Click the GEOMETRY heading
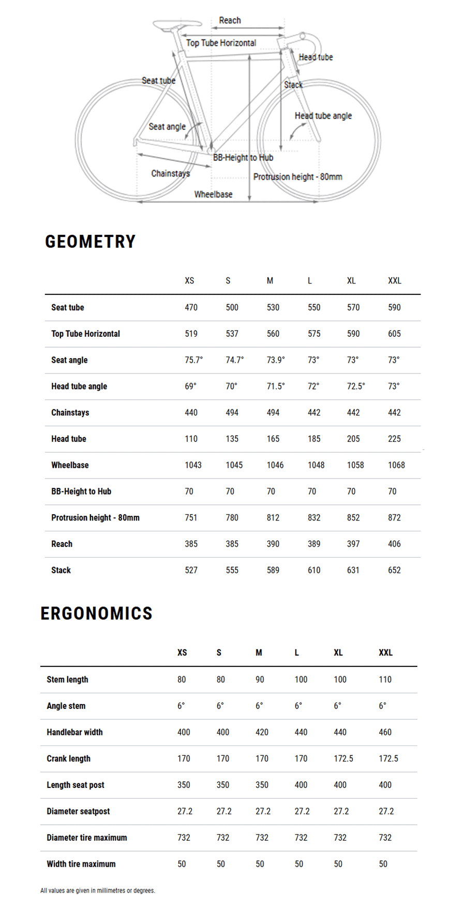tap(91, 242)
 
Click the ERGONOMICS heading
tap(96, 614)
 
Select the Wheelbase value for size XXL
tap(396, 465)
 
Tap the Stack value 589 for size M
tap(273, 570)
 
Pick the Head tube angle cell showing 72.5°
tap(355, 386)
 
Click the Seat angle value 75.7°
tap(193, 360)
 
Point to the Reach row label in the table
tap(62, 544)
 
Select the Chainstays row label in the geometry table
tap(70, 413)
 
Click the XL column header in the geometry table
tap(351, 281)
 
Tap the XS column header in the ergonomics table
tap(182, 653)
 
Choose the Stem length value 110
tap(385, 680)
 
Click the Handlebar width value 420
tap(262, 732)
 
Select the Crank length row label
tap(68, 758)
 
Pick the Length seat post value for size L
tap(301, 785)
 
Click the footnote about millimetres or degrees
tap(98, 890)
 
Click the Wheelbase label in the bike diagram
tap(213, 195)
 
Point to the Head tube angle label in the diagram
tap(323, 116)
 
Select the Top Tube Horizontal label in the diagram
tap(221, 43)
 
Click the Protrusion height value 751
tap(191, 518)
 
